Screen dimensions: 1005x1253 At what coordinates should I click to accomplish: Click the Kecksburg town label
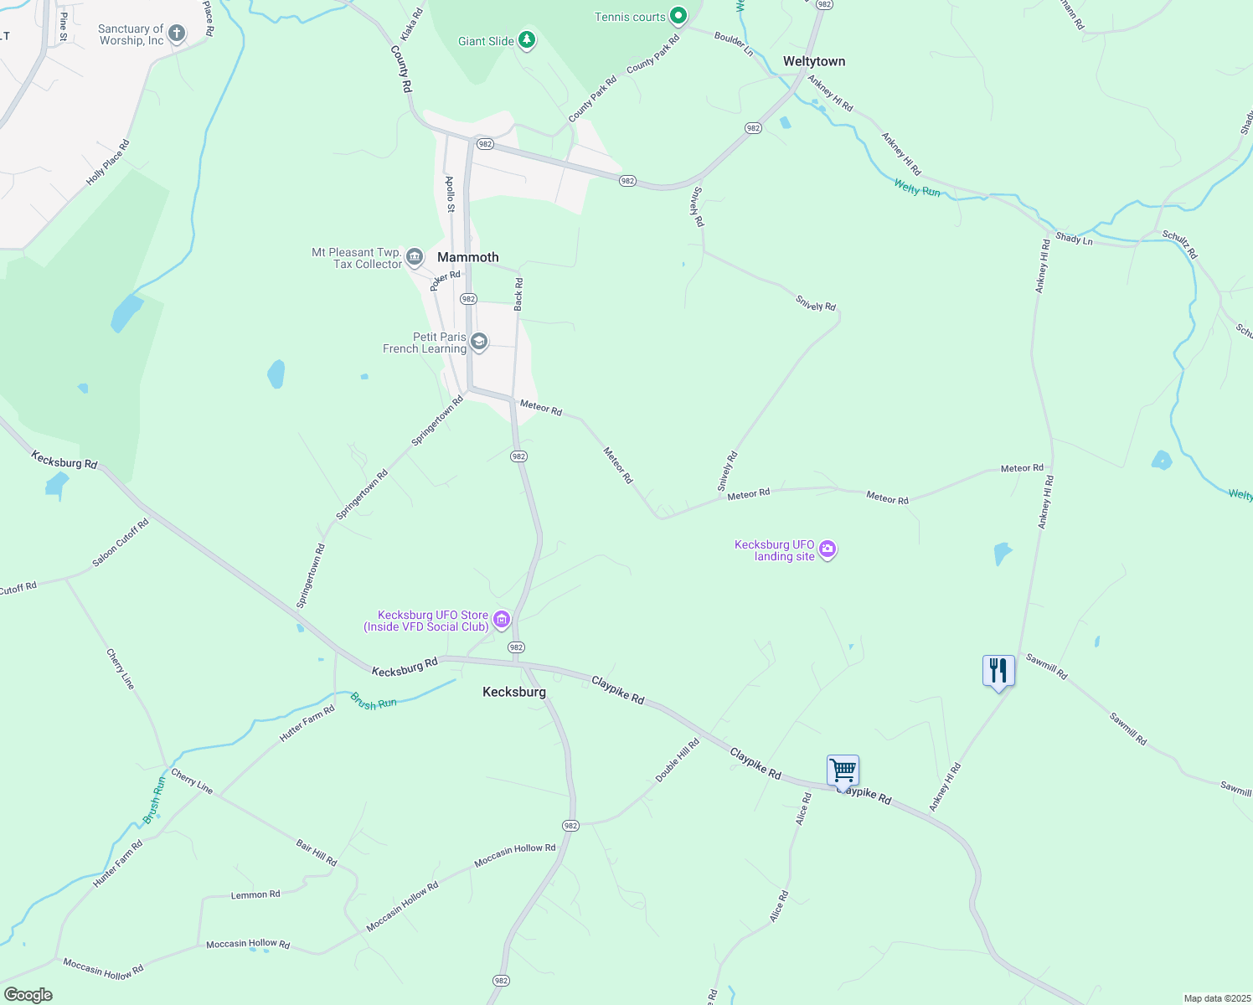(x=514, y=692)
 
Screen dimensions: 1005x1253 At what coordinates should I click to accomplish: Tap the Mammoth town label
(x=467, y=257)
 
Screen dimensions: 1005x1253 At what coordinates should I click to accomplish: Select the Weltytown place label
(x=813, y=61)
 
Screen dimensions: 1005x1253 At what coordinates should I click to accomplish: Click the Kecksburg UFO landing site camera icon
(x=828, y=549)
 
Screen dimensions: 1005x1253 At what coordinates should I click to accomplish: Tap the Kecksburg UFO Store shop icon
(x=502, y=620)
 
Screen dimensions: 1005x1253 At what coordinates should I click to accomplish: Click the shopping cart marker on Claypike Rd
(x=843, y=770)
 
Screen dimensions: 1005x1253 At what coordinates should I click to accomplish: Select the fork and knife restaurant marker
(x=998, y=670)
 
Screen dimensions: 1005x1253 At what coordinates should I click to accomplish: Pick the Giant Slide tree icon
(x=526, y=39)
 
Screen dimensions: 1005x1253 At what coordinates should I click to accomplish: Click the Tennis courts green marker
(x=678, y=16)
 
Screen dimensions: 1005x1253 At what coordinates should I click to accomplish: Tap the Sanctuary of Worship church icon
(x=176, y=33)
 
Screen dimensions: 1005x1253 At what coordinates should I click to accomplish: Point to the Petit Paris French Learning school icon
(x=479, y=342)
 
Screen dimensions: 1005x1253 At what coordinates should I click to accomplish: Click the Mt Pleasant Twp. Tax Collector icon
(x=414, y=257)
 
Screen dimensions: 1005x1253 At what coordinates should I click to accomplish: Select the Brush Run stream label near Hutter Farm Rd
(x=374, y=701)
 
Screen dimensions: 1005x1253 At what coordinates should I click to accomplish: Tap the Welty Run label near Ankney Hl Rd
(x=916, y=188)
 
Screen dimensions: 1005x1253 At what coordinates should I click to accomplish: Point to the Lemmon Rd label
(x=255, y=894)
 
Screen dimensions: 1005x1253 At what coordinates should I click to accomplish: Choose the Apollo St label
(x=450, y=194)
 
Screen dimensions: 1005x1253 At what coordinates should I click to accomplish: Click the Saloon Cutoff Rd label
(x=121, y=542)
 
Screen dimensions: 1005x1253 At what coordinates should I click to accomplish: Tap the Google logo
(x=28, y=995)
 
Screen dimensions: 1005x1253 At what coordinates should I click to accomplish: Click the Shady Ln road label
(x=1074, y=239)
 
